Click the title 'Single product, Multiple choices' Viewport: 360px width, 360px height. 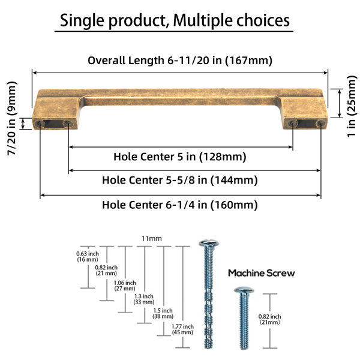coord(175,20)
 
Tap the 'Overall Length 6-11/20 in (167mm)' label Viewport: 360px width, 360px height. coord(180,61)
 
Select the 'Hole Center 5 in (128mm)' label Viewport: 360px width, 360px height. coord(180,157)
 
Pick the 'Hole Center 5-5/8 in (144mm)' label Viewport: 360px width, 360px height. coord(180,180)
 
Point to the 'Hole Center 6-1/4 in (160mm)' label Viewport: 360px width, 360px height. coord(180,205)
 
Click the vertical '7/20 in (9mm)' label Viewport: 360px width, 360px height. coord(12,118)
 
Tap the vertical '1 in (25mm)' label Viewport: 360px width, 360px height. coord(352,106)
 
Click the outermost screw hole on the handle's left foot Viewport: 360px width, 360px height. coord(40,124)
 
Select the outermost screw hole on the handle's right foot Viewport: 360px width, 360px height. coord(320,124)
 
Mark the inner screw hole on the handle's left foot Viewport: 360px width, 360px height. coord(68,124)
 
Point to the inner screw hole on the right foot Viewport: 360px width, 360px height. coord(293,124)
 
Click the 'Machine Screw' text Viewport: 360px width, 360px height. coord(261,273)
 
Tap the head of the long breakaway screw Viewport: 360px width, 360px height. coord(209,243)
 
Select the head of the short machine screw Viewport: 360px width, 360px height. coord(244,290)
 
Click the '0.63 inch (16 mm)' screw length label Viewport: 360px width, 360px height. coord(88,257)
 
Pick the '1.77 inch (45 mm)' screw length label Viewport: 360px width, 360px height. coord(182,329)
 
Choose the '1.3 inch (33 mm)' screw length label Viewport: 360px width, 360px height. coord(144,299)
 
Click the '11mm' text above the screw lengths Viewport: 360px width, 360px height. coord(152,239)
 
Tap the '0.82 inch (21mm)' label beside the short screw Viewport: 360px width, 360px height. coord(270,319)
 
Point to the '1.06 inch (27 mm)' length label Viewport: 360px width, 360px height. coord(125,286)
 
